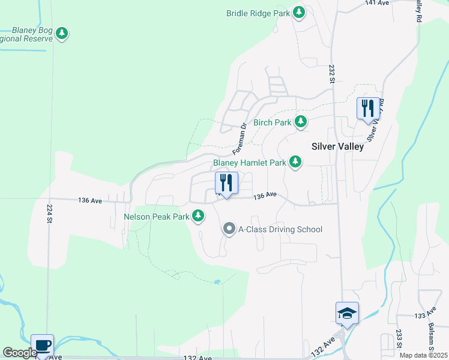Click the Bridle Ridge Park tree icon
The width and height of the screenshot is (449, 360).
tap(299, 13)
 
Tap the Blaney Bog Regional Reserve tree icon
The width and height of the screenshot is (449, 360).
tap(62, 34)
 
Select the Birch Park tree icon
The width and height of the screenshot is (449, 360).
tap(301, 122)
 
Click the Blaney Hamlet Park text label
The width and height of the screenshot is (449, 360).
tap(250, 163)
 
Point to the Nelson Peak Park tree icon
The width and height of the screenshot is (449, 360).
tap(198, 216)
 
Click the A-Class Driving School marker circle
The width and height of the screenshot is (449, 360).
tap(229, 229)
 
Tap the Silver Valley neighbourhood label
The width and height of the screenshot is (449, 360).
tap(337, 146)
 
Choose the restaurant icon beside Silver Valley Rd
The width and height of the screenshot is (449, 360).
tap(368, 109)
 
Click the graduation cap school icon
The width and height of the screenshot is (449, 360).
tap(347, 313)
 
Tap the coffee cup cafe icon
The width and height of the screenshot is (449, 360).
tap(42, 346)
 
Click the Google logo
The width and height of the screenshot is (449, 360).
tap(20, 353)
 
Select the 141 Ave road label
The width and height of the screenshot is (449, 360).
tap(374, 3)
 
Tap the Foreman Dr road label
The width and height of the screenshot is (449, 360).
tap(240, 137)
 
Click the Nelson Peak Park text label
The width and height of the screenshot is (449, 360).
tap(157, 217)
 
